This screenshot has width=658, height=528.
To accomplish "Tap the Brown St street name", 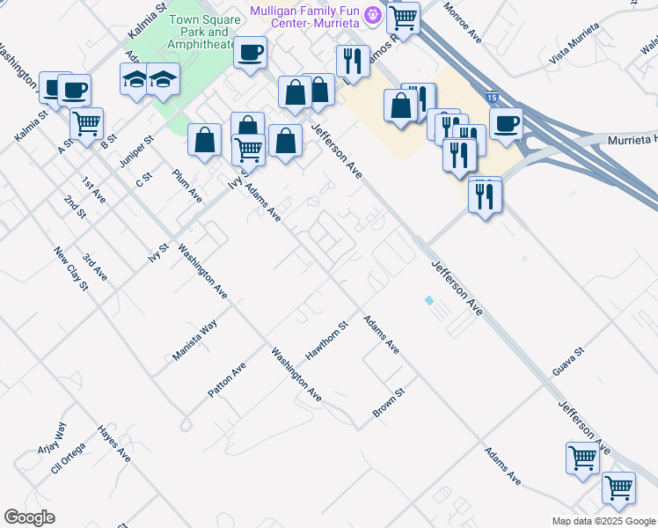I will point(388,402).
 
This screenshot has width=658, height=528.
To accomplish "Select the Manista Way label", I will point(194,341).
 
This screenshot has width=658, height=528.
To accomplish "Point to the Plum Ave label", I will point(187,185).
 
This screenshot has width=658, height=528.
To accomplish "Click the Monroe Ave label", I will point(464,24).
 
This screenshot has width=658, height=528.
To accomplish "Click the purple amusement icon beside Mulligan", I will point(373,15).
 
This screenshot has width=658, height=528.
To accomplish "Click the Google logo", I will point(29,517).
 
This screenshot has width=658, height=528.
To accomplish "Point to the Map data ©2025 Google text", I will point(603,521).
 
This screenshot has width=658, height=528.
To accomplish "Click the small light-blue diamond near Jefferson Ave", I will point(428,301).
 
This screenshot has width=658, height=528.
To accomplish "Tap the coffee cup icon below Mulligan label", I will point(251,53).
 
